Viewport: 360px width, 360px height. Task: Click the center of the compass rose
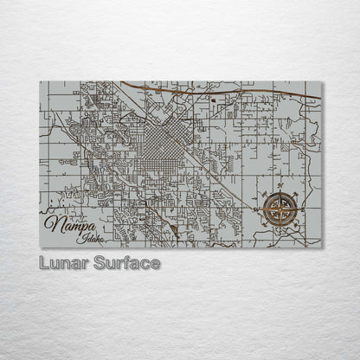[280, 208]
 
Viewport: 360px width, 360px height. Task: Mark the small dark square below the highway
[212, 101]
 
